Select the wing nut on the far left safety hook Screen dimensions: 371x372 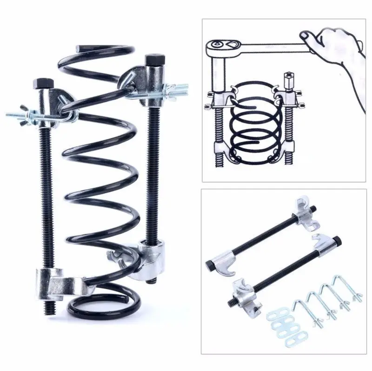pyautogui.click(x=19, y=115)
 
